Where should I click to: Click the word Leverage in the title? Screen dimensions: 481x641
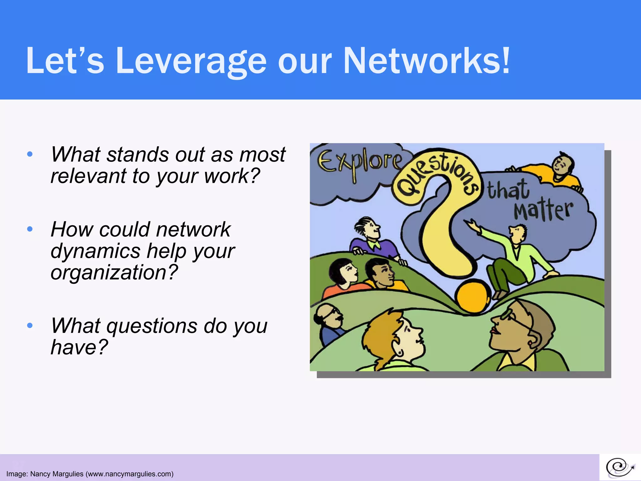[191, 61]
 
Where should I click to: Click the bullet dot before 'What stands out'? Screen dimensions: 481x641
[30, 154]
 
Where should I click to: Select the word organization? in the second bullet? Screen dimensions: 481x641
[114, 272]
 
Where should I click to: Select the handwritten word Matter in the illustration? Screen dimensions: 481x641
[543, 210]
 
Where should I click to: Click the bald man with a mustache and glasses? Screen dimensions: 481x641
[329, 323]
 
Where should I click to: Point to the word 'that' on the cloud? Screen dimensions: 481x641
[508, 190]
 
